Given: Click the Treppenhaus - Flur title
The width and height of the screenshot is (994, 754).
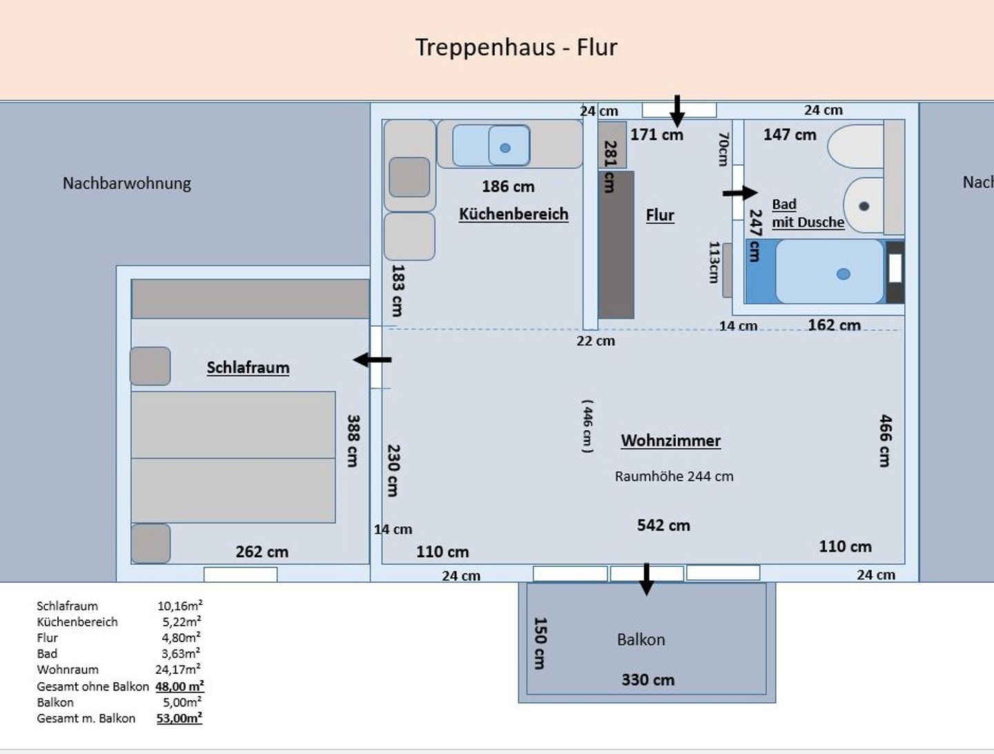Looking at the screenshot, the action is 516,48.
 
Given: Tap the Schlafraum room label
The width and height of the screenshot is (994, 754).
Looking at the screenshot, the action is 248,367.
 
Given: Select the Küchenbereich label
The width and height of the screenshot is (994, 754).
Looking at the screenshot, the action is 514,214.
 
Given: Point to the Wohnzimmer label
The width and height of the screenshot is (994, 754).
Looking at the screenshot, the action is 671,440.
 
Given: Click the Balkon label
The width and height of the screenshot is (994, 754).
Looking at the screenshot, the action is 641,639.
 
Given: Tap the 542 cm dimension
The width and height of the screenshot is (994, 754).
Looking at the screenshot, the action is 663,525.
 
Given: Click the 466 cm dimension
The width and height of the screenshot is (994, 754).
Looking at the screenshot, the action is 886,441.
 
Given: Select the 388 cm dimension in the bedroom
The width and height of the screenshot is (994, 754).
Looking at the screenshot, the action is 353,441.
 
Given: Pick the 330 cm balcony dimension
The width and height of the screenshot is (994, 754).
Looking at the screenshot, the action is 648,679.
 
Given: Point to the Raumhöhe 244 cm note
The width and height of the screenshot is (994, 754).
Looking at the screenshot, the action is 674,476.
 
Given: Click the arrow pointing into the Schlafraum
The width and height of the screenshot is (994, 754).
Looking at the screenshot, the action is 372,360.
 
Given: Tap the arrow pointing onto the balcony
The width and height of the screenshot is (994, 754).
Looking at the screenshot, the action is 646,579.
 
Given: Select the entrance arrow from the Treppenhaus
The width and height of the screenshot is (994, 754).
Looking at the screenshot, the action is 677,111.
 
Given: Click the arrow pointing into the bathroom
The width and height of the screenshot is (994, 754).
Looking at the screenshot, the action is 740,193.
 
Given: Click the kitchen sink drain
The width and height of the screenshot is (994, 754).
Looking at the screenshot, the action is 505,148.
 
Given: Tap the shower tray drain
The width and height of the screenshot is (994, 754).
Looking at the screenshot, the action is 844,274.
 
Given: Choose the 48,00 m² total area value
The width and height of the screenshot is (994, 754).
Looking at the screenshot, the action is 179,686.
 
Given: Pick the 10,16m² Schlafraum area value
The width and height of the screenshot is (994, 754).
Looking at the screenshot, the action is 179,606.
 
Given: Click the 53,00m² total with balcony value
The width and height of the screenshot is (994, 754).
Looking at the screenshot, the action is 179,718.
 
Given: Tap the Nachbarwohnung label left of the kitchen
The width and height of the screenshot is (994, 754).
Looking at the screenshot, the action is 127,184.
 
